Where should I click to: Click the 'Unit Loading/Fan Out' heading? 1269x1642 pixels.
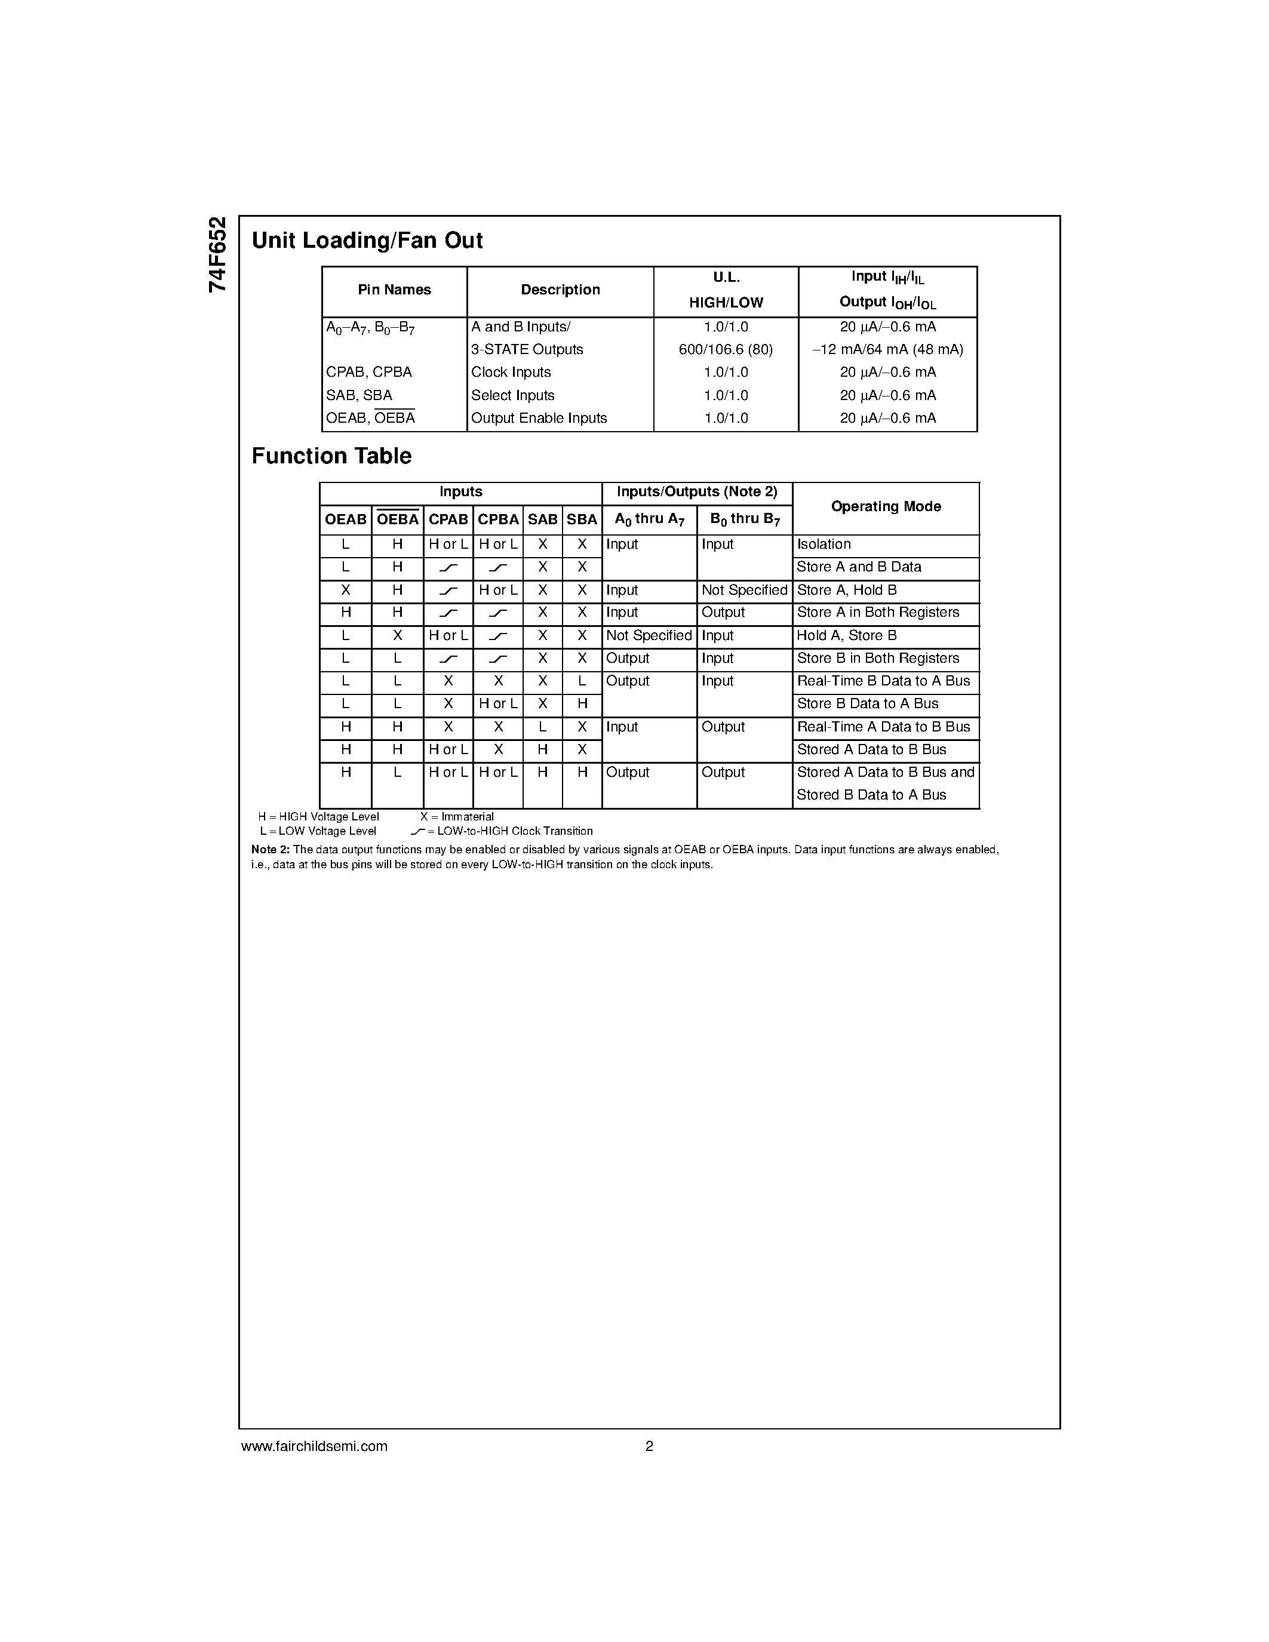367,241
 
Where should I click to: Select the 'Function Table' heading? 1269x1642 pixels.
331,456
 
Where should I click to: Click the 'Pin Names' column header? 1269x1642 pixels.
394,290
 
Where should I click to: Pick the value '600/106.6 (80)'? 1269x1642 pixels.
726,350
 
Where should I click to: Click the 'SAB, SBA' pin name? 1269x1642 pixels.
358,395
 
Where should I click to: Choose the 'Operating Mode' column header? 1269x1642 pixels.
886,507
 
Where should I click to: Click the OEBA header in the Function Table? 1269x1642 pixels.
397,519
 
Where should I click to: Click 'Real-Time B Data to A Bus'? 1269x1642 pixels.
883,681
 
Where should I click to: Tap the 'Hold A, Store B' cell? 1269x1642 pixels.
847,636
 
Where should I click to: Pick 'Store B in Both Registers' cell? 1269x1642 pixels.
877,659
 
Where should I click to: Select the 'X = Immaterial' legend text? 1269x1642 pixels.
457,816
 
